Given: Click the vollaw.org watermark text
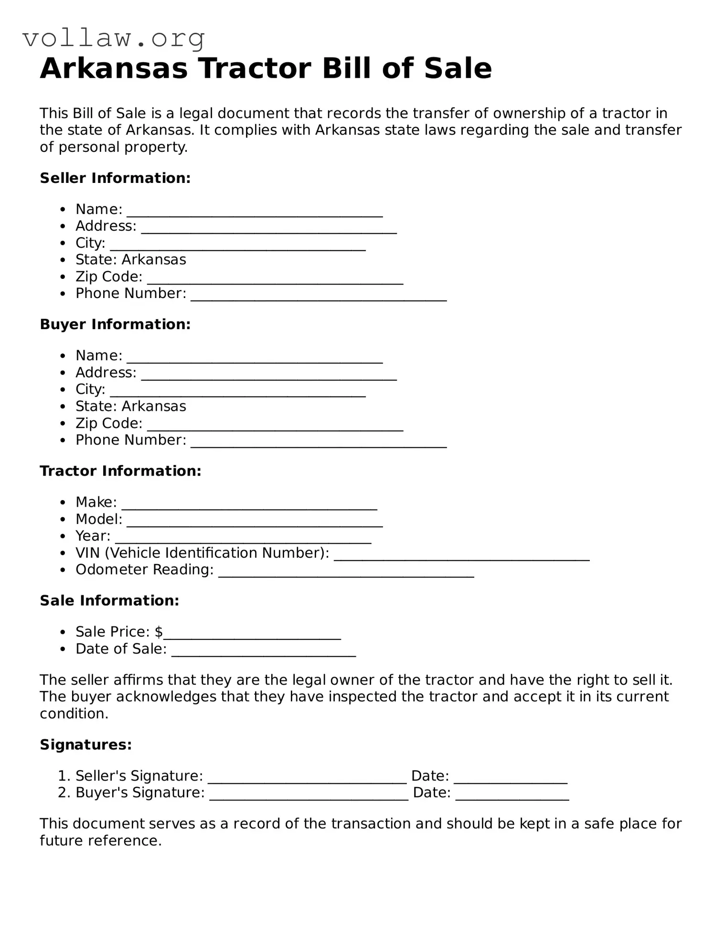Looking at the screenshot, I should pos(114,38).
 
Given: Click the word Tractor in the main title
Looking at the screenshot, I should pos(255,68).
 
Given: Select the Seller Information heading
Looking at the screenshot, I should pos(115,178).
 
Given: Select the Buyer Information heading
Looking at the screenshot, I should pos(115,324).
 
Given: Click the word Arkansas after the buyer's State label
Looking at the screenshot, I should pos(154,406).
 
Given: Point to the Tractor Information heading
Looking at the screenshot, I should pos(120,471).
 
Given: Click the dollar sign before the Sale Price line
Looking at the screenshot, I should pos(159,632).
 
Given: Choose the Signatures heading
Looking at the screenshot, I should pos(85,745).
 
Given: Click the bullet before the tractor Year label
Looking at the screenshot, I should pos(63,536).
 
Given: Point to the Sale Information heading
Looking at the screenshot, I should pos(109,600).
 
